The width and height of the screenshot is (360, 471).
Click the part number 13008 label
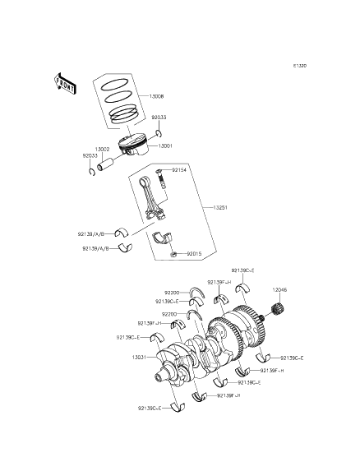pos(156,97)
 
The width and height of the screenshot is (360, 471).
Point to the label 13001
pos(164,145)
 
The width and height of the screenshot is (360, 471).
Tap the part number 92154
pos(180,170)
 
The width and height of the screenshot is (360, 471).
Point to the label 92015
pos(194,253)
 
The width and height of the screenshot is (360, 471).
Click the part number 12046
pos(279,289)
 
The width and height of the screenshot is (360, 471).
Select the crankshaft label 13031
pos(140,357)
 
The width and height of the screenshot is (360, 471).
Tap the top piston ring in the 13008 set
pos(115,84)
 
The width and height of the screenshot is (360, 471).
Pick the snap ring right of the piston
pos(159,134)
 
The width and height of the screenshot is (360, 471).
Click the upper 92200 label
pos(171,292)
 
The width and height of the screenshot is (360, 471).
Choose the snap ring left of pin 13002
pos(93,171)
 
